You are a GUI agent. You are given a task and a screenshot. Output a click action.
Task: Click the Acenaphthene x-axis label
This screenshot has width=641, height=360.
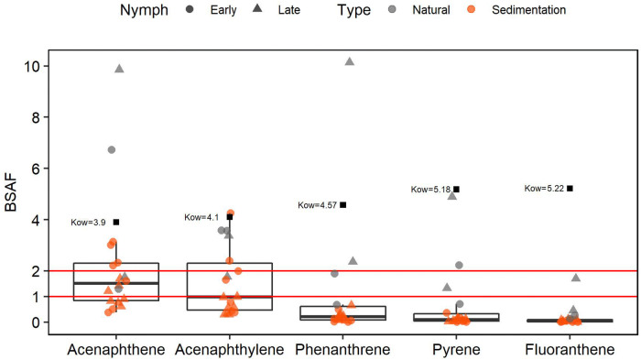pyautogui.click(x=116, y=349)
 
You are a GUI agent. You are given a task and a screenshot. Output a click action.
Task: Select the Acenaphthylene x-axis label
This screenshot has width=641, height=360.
pyautogui.click(x=229, y=349)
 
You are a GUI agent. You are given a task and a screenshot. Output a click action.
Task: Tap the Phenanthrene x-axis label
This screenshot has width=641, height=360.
pyautogui.click(x=342, y=349)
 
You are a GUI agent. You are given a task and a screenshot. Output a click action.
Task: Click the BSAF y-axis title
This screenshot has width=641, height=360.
pyautogui.click(x=12, y=195)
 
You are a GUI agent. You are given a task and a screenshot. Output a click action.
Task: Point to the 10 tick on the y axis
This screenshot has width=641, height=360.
pyautogui.click(x=33, y=66)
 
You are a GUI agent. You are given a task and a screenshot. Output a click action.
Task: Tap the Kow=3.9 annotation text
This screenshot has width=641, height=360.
pyautogui.click(x=90, y=223)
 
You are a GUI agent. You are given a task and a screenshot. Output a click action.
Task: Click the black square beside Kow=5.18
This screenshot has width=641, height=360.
pyautogui.click(x=456, y=190)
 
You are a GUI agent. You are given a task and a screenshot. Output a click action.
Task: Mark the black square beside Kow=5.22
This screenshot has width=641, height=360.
pyautogui.click(x=570, y=188)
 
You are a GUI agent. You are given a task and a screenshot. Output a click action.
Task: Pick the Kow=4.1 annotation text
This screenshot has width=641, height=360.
pyautogui.click(x=202, y=218)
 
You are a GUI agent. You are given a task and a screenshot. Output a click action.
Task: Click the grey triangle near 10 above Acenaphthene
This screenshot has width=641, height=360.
pyautogui.click(x=119, y=69)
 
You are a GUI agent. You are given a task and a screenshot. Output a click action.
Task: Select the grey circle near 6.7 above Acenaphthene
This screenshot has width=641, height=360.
pyautogui.click(x=112, y=149)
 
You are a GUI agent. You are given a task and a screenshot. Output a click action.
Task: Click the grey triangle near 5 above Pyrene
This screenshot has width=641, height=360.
pyautogui.click(x=452, y=196)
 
